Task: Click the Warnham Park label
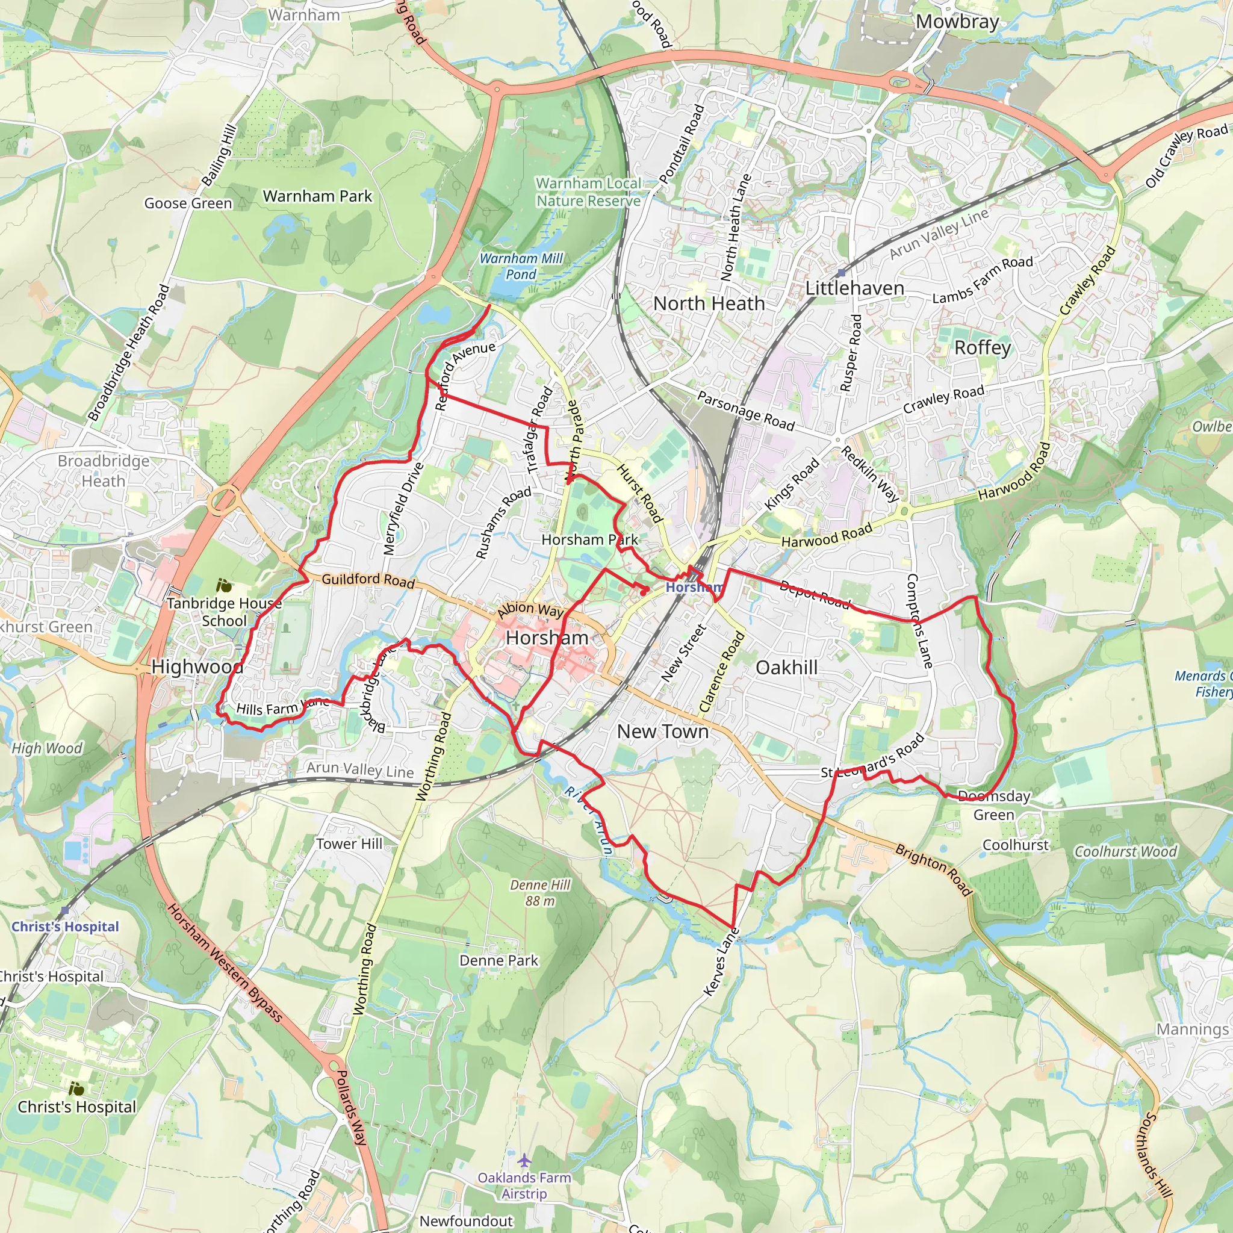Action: [x=317, y=196]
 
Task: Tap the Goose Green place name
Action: [x=188, y=203]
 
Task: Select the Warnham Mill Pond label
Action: [x=521, y=266]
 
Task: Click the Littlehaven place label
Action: [x=854, y=288]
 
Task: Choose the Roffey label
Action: [x=982, y=347]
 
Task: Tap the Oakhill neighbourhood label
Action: [x=786, y=668]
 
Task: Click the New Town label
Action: [x=662, y=731]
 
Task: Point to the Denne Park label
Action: [x=498, y=960]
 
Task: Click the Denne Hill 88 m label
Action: [x=540, y=893]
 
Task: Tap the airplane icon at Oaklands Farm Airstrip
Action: [x=524, y=1160]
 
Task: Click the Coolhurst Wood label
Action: [x=1125, y=851]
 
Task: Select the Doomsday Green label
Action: [x=993, y=806]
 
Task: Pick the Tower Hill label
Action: [x=349, y=843]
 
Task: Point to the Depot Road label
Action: [x=815, y=594]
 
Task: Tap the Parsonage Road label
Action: [x=745, y=411]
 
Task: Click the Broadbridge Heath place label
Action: [x=104, y=470]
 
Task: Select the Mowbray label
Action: [x=957, y=22]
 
